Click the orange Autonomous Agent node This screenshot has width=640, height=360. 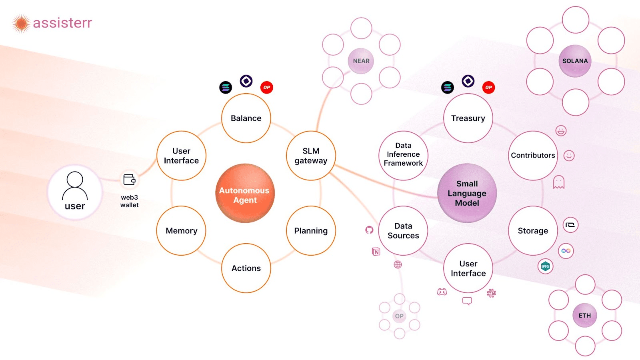pyautogui.click(x=245, y=193)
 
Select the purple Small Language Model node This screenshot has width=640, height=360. pyautogui.click(x=467, y=193)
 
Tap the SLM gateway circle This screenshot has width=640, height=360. pyautogui.click(x=311, y=156)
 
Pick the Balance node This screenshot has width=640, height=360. pyautogui.click(x=246, y=118)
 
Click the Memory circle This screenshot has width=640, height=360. pyautogui.click(x=181, y=230)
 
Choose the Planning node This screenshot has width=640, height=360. pyautogui.click(x=311, y=230)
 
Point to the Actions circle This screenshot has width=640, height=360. pyautogui.click(x=246, y=268)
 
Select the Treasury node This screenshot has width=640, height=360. pyautogui.click(x=468, y=118)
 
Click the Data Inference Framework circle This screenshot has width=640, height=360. pyautogui.click(x=403, y=156)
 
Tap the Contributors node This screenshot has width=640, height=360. pyautogui.click(x=533, y=156)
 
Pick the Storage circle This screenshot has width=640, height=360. pyautogui.click(x=533, y=230)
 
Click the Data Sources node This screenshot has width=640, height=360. pyautogui.click(x=403, y=230)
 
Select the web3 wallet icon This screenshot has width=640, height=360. pyautogui.click(x=129, y=180)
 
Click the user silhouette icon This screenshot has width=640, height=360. pyautogui.click(x=75, y=186)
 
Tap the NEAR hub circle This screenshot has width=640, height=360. pyautogui.click(x=361, y=61)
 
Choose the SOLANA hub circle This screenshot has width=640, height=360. pyautogui.click(x=575, y=61)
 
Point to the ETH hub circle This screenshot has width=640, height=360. pyautogui.click(x=584, y=316)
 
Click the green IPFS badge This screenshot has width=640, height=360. pyautogui.click(x=545, y=266)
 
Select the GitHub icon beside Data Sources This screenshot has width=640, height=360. pyautogui.click(x=369, y=230)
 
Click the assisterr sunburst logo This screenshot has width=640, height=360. pyautogui.click(x=21, y=24)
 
